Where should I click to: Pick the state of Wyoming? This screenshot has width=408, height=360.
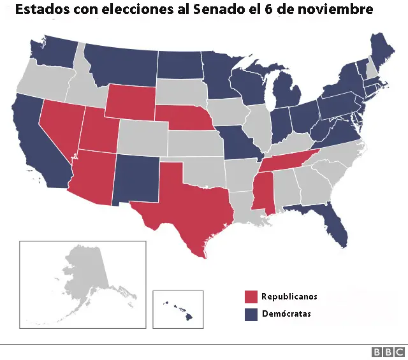(131, 102)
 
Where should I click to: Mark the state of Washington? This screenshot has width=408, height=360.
(54, 51)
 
